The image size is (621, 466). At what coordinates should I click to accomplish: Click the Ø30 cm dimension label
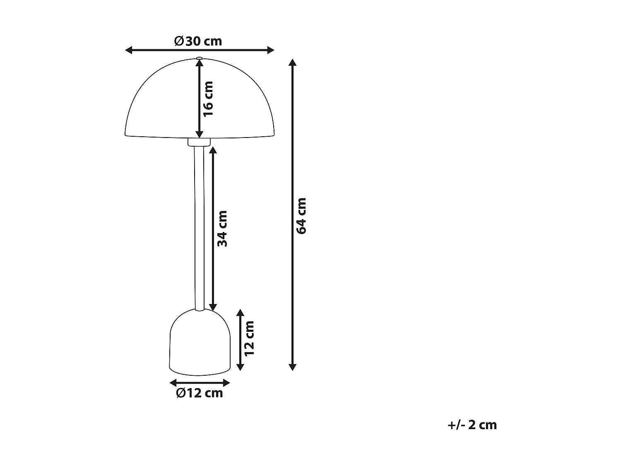coord(198,41)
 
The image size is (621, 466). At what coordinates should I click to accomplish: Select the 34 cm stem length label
coord(222,228)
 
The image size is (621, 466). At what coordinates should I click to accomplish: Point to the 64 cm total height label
coord(301,216)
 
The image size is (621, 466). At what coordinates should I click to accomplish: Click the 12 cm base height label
coord(249,338)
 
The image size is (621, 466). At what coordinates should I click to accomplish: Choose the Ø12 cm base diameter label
coord(199,393)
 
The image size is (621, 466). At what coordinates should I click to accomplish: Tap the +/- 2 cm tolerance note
coord(472,425)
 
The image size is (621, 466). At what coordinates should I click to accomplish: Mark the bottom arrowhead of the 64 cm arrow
coord(293,367)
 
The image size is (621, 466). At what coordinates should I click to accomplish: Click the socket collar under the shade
coord(199,142)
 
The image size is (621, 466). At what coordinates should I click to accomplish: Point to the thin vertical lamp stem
coord(199,228)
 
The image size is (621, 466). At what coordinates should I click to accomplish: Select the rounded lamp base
coord(199,344)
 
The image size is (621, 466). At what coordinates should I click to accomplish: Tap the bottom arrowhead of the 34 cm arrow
coord(213,307)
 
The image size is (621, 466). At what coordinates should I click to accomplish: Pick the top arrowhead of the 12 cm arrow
coord(240,313)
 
